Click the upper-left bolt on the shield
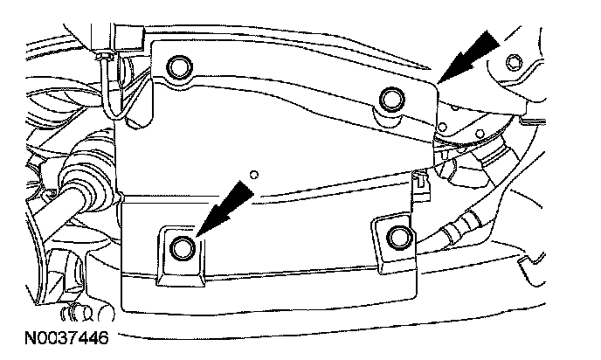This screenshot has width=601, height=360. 182,67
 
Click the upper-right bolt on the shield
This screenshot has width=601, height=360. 390,97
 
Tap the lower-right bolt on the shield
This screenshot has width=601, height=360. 398,236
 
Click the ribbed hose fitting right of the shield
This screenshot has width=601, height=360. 455,234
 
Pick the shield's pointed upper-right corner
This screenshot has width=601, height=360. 436,82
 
